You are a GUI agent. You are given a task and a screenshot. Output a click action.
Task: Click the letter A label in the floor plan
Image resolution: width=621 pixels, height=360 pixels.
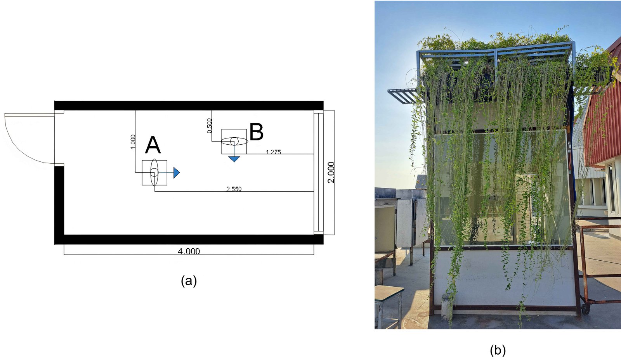point(153,146)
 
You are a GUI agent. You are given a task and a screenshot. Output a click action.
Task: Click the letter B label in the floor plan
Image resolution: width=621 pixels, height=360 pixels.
point(256,132)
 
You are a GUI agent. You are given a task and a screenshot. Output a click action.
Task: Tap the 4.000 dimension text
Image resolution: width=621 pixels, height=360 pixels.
point(189,251)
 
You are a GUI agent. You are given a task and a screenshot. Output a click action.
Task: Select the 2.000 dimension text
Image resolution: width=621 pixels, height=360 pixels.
point(331,172)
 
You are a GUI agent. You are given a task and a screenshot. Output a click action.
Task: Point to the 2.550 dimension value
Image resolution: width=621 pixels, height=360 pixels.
point(234,189)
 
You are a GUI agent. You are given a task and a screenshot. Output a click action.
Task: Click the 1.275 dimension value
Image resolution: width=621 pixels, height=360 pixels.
point(273,152)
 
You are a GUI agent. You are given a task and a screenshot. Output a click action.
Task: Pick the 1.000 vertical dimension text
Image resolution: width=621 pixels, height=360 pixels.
point(132,142)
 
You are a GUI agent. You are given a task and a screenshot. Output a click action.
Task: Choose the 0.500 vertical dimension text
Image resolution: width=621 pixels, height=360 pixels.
point(209,126)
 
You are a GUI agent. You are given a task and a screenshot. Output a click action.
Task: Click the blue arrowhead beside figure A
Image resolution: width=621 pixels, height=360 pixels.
point(176,172)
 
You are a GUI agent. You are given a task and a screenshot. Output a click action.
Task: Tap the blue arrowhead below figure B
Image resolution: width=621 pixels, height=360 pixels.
point(234,159)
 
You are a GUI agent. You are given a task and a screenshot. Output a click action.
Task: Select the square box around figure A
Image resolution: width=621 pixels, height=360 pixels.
point(154,172)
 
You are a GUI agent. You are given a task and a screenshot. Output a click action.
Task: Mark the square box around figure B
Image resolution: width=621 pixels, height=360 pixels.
point(234,141)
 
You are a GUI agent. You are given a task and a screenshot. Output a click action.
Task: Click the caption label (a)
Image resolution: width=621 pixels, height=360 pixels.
point(189,280)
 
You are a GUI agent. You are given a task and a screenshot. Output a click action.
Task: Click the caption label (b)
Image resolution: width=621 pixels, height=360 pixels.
point(498,350)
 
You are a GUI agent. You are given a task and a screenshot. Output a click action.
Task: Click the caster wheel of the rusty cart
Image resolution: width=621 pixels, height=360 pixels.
point(585,309)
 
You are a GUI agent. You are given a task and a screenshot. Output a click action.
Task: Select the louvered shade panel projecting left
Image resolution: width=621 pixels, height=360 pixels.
point(403,96)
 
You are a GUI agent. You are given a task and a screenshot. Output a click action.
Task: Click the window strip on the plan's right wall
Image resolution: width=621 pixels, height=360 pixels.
point(318,172)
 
